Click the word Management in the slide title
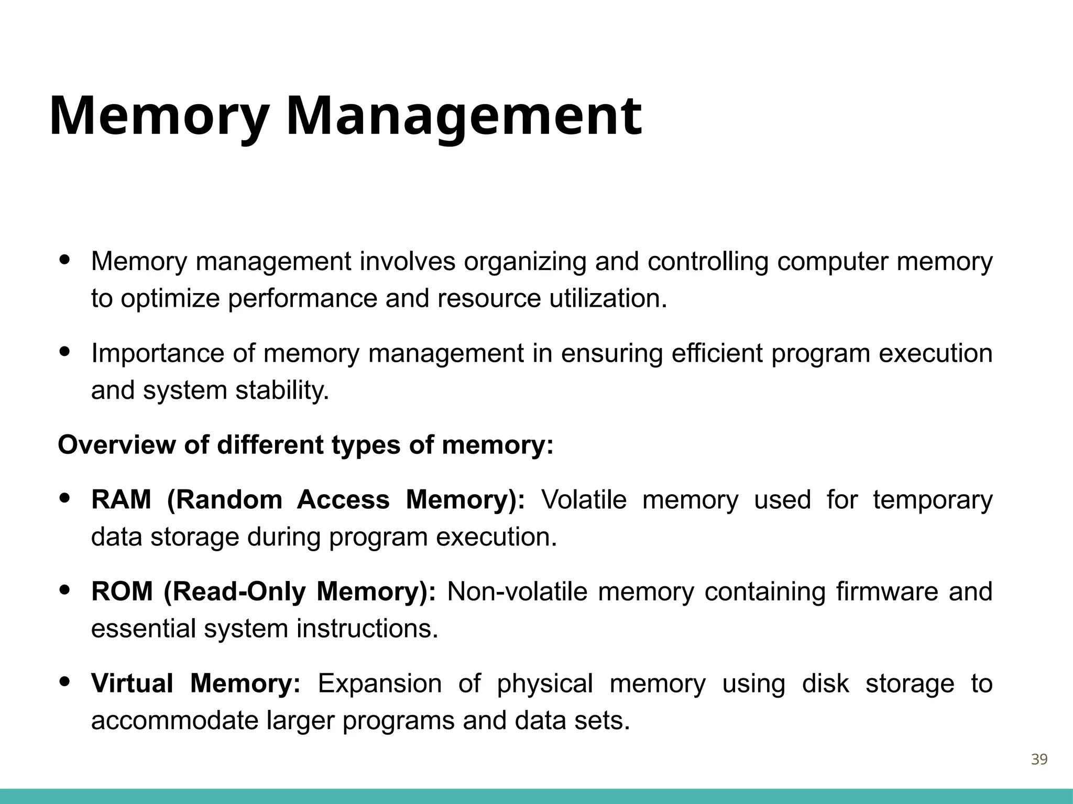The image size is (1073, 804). coord(464,116)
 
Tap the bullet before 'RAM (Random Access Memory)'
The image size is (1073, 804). coord(65,498)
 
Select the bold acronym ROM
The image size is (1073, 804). coord(122,592)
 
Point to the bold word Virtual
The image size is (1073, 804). coord(132,684)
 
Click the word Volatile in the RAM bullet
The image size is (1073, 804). coord(584,500)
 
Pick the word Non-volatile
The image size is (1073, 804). coord(518,592)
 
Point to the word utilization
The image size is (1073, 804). coord(608,299)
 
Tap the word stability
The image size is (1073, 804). coord(282,390)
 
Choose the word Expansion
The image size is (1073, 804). coord(380,684)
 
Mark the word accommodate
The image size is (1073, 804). coord(174,721)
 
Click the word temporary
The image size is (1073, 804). coord(933,500)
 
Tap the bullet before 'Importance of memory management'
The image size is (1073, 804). coord(65,352)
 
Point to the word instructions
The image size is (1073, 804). coord(367,629)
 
